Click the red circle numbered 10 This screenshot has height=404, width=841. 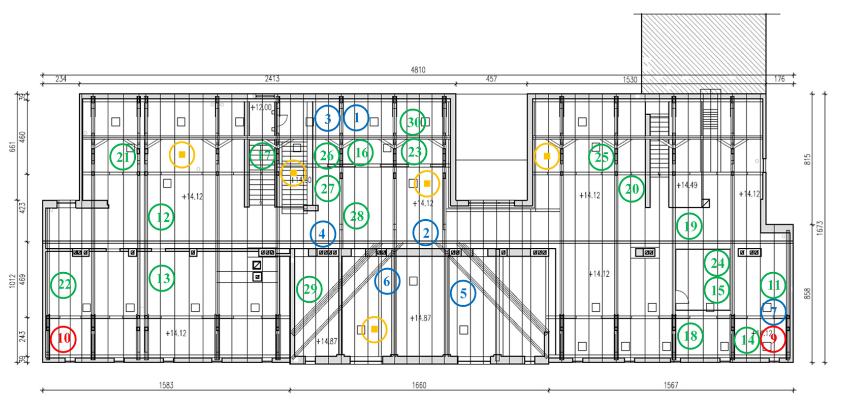(63, 339)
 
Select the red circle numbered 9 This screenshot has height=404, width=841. (773, 339)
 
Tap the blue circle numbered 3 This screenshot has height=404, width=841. (327, 118)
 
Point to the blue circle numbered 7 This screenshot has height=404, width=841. (773, 312)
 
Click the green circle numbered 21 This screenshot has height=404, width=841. (123, 157)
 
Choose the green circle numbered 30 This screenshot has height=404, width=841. (413, 122)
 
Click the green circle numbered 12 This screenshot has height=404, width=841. (161, 217)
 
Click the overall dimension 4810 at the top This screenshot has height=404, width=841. (418, 70)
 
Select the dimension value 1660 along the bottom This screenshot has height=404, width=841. (419, 385)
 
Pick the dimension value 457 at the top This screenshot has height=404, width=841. (491, 79)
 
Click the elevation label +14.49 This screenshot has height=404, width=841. (687, 185)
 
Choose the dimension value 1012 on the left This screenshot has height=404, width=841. (12, 280)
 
